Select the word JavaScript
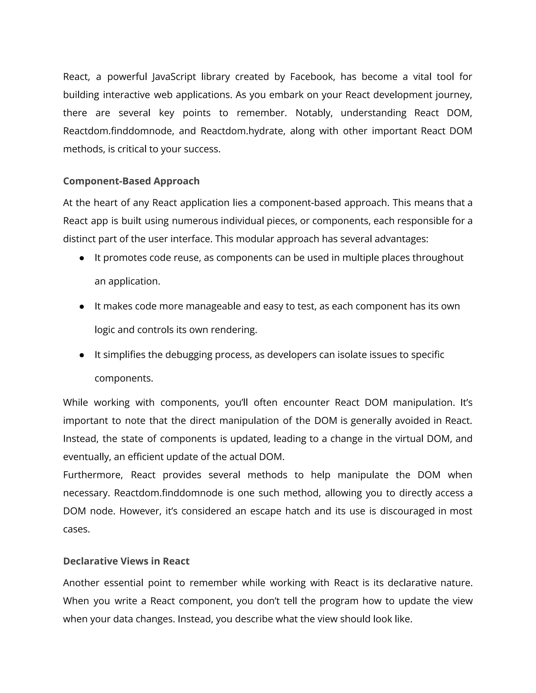[x=174, y=77]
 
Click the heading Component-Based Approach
[x=131, y=181]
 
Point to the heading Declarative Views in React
[x=126, y=561]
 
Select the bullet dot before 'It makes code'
[x=82, y=307]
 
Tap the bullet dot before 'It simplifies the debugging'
[x=82, y=355]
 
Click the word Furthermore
[x=93, y=475]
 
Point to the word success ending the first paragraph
[x=202, y=149]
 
